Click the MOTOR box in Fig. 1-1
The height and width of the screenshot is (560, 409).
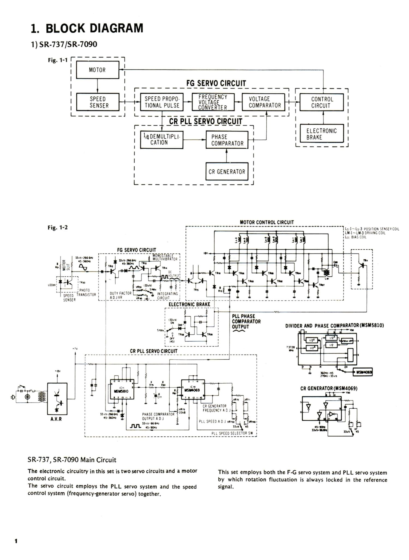point(97,70)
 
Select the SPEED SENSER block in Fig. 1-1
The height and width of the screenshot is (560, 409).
point(97,102)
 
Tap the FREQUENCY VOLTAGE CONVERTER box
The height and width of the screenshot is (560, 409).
point(213,102)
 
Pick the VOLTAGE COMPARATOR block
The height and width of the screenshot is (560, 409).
point(263,102)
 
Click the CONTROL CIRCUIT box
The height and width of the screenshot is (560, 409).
point(321,102)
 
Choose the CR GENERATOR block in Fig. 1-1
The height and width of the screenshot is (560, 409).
point(227,172)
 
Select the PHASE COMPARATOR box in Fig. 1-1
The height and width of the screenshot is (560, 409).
point(227,140)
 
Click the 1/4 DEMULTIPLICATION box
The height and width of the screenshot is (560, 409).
point(161,140)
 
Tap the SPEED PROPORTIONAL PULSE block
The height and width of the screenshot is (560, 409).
point(162,102)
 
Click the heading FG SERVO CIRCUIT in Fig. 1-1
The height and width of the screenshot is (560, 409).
point(216,83)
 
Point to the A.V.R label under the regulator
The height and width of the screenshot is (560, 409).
point(56,419)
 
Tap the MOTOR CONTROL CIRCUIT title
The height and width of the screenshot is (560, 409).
point(267,222)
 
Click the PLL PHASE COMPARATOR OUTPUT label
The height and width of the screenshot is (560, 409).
point(246,322)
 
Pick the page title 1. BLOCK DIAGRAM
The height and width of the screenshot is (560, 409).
point(87,29)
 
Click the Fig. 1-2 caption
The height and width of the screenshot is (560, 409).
point(58,227)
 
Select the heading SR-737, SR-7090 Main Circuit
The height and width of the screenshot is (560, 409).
point(72,460)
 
